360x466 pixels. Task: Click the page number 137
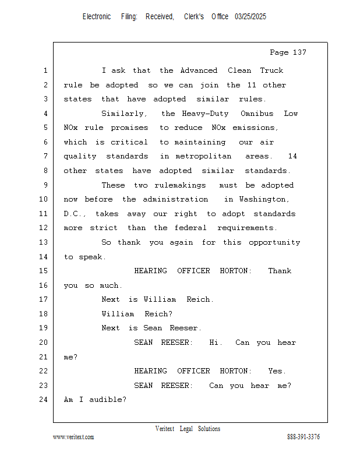click(x=299, y=52)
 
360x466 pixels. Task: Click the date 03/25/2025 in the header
click(x=250, y=17)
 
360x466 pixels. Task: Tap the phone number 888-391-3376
click(x=303, y=437)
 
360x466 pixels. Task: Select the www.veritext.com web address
click(x=73, y=437)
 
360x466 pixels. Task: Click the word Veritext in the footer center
click(x=165, y=429)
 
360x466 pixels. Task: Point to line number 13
click(x=44, y=242)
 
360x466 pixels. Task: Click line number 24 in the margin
click(x=44, y=400)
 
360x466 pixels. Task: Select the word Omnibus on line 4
click(x=257, y=114)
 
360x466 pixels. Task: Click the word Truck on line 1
click(x=271, y=70)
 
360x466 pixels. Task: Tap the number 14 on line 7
click(x=292, y=156)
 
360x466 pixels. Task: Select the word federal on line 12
click(x=190, y=228)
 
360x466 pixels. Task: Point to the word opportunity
click(x=274, y=242)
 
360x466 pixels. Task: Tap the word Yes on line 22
click(x=277, y=371)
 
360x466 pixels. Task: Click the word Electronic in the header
click(x=97, y=17)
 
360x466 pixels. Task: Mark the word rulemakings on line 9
click(x=180, y=185)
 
